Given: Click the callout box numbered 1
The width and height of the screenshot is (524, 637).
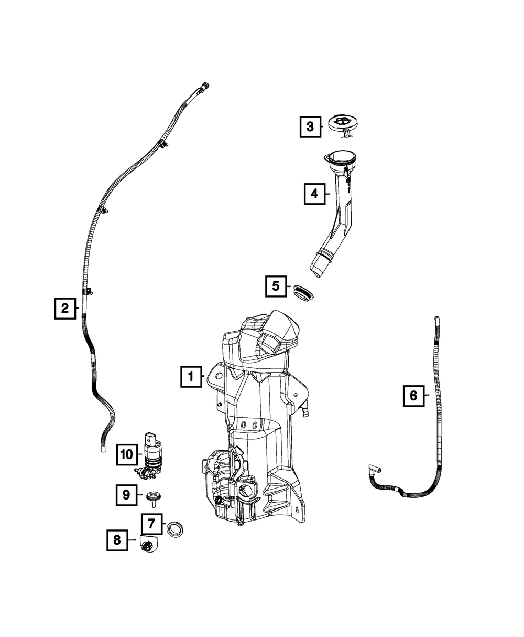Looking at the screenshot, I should point(191,376).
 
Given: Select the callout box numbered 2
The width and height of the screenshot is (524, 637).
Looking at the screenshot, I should point(65,308).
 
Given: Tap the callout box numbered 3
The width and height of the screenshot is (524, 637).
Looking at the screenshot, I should point(310,126).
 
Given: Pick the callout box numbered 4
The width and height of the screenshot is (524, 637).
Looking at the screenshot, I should point(314,194).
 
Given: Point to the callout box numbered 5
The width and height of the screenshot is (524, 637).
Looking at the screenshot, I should point(276,286).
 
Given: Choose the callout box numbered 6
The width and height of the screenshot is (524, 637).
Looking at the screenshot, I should point(413,395).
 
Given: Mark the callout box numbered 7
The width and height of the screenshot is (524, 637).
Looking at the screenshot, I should point(151,523).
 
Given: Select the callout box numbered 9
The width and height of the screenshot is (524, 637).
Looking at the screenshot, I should point(126,494).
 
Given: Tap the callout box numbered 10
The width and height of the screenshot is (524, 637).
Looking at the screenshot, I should point(126,454).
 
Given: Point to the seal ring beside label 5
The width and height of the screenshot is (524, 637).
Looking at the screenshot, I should point(302,292).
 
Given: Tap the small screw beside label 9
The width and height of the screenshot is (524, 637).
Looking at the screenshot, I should point(153,496).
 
